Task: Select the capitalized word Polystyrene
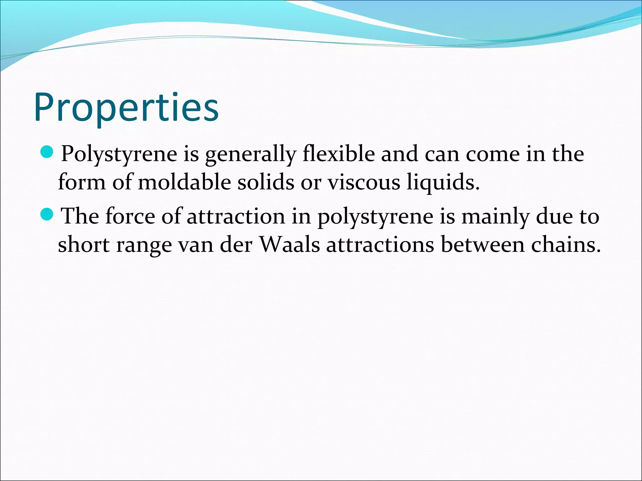tap(119, 155)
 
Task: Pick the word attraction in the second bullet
tap(236, 217)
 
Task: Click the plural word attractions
tap(380, 245)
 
